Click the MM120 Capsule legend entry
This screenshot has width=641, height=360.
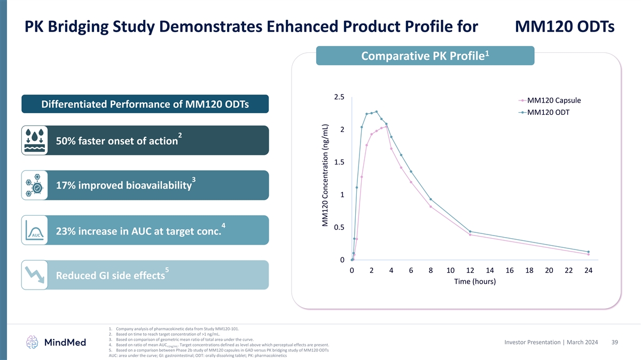click(x=553, y=100)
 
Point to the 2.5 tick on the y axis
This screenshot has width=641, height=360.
click(x=339, y=97)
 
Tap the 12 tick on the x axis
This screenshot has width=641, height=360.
click(x=470, y=271)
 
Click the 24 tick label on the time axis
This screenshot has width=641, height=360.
click(x=588, y=271)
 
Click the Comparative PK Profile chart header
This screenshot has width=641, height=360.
click(x=425, y=56)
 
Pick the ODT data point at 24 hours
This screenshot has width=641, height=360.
click(x=588, y=252)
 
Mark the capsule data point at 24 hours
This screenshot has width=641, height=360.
click(x=588, y=254)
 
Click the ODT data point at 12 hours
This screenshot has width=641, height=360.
click(x=470, y=232)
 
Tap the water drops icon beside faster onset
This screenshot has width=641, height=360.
click(x=35, y=140)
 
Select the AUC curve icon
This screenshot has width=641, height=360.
click(x=35, y=230)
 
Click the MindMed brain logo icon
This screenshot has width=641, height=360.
click(x=33, y=342)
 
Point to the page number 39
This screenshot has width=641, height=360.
click(x=615, y=342)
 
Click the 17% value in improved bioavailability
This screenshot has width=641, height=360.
click(x=66, y=186)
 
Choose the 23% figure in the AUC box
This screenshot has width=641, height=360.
click(x=67, y=231)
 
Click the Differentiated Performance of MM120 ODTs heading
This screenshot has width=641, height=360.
click(x=145, y=104)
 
